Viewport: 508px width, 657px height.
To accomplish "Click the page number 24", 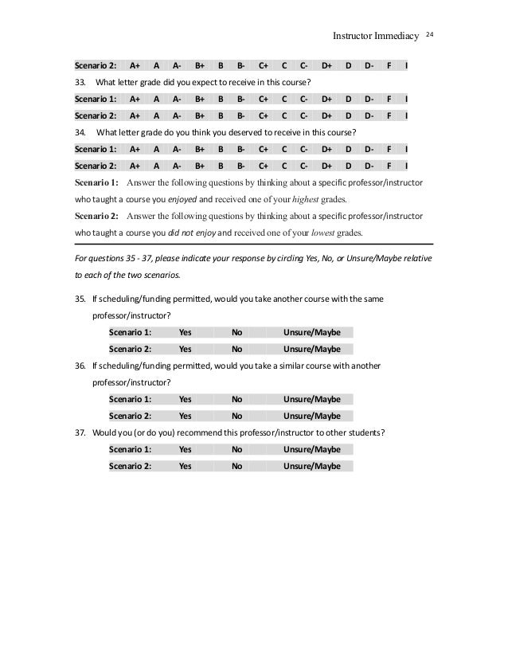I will [x=428, y=34].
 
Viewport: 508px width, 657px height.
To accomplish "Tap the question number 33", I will [x=79, y=82].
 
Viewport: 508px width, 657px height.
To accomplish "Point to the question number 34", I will [x=79, y=131].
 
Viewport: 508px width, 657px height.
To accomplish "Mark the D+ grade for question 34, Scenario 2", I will [x=326, y=165].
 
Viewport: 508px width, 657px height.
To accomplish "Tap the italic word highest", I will [x=311, y=199].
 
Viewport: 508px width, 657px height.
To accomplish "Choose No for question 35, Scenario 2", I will [x=236, y=349].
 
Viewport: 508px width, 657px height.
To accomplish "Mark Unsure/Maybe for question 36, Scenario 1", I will [x=312, y=399].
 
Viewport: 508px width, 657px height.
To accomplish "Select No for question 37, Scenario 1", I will [x=236, y=449].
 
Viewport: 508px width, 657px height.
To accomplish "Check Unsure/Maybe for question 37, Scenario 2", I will [x=312, y=466].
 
